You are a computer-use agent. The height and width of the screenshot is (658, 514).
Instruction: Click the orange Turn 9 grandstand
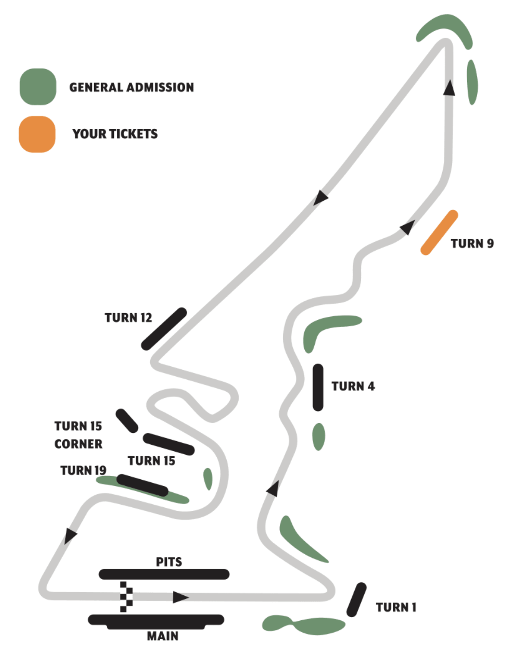click(439, 233)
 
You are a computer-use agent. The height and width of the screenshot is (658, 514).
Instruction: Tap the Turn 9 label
click(472, 244)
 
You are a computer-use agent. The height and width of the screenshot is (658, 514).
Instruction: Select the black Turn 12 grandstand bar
click(164, 329)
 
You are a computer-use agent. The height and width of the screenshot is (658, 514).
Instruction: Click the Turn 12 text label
click(128, 318)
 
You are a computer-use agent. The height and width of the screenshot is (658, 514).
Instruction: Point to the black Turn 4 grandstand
click(318, 387)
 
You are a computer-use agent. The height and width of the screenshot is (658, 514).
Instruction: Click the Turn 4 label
click(353, 386)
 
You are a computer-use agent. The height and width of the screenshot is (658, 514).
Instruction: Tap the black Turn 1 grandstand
click(356, 600)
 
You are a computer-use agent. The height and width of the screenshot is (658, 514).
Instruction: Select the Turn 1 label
click(396, 607)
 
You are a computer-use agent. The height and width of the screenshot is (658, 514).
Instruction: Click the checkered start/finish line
click(126, 597)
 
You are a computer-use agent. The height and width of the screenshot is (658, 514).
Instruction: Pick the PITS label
click(169, 562)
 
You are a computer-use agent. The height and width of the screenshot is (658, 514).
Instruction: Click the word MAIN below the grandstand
click(162, 636)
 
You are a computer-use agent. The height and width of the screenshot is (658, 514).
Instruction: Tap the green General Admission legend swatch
click(38, 87)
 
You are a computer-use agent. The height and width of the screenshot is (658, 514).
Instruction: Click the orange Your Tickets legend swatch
click(37, 134)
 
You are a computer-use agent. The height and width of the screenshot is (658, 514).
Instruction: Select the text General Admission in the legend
click(131, 87)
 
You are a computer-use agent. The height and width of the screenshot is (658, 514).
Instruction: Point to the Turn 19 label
click(83, 470)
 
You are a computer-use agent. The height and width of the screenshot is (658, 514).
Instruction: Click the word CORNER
click(78, 444)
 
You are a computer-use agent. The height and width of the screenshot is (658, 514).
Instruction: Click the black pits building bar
click(164, 574)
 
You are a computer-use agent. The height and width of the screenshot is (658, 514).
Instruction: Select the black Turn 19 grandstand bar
click(142, 485)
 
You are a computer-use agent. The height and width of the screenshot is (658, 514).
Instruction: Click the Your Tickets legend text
click(115, 134)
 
